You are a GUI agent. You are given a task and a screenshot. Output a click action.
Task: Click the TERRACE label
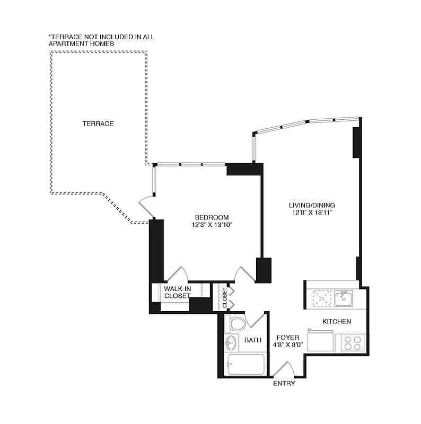point(98,123)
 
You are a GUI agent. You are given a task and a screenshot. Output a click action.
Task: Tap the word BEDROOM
point(212,217)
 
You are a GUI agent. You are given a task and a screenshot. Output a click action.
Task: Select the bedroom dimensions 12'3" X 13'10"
point(212,225)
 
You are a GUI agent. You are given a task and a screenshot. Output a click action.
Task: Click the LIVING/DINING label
point(312,205)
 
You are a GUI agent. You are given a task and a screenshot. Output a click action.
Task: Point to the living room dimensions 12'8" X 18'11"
point(312,213)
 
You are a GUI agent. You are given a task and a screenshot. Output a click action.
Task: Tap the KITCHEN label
point(337,321)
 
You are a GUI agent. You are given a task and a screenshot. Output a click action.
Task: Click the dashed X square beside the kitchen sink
point(321,298)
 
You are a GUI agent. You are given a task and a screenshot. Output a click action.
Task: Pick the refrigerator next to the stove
point(321,340)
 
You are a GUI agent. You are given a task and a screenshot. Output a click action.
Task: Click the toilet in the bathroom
point(235,323)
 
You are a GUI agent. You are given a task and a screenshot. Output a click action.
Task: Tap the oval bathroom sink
point(231,342)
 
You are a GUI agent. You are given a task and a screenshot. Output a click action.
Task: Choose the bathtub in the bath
point(244,364)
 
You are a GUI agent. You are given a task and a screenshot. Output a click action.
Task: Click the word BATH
point(252,340)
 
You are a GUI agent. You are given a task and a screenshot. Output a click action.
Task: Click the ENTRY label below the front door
point(284,383)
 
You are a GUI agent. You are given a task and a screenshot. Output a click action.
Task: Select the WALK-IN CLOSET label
point(177,292)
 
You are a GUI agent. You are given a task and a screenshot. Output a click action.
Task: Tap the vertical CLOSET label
point(225,298)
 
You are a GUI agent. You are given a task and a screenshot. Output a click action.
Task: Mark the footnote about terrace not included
point(101,40)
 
